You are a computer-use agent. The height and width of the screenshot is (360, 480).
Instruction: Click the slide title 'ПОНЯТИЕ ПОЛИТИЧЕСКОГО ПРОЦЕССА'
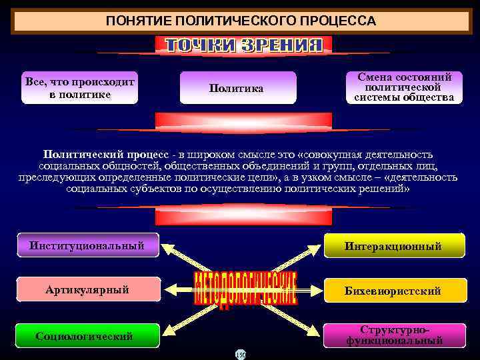tap(240, 21)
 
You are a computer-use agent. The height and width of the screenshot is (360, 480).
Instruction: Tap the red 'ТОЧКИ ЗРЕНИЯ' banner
tap(243, 45)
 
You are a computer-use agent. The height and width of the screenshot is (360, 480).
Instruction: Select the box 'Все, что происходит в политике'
tap(80, 88)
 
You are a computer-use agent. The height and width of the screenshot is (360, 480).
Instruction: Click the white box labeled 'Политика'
tap(237, 88)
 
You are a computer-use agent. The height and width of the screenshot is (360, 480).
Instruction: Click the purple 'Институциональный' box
tap(87, 245)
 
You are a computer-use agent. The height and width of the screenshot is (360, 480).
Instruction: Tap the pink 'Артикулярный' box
tap(87, 289)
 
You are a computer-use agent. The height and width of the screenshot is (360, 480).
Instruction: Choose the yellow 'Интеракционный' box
tap(393, 246)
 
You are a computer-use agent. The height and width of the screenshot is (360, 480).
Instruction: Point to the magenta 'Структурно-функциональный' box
tap(393, 335)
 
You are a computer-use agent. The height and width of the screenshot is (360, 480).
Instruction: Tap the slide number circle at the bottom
tap(240, 354)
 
